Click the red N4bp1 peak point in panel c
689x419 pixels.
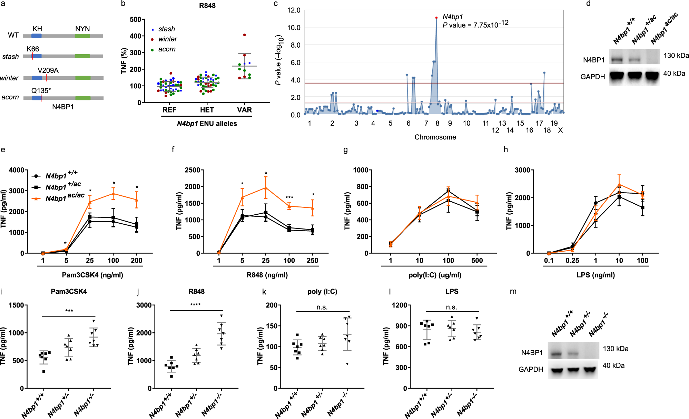pos(436,18)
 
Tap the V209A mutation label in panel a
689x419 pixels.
pos(48,70)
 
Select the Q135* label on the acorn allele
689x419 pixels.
pos(41,91)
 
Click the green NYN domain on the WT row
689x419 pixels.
pos(82,36)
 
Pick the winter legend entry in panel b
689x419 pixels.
pos(164,39)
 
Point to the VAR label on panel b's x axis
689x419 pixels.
pos(244,110)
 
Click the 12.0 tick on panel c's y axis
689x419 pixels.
pos(294,10)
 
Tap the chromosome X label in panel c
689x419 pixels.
pos(560,130)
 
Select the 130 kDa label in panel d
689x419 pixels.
pos(676,56)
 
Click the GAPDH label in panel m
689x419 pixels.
pos(531,369)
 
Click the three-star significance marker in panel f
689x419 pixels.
pos(289,198)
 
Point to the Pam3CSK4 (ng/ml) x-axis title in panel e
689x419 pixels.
pos(92,275)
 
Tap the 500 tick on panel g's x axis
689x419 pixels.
pos(477,261)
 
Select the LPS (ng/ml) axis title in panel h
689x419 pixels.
pos(596,275)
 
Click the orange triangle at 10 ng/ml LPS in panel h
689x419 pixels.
pos(619,185)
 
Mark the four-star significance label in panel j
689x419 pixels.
pos(195,305)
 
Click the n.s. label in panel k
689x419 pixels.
pos(322,307)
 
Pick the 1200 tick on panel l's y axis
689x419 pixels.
pos(400,305)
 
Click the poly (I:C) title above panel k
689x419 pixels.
pos(322,292)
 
